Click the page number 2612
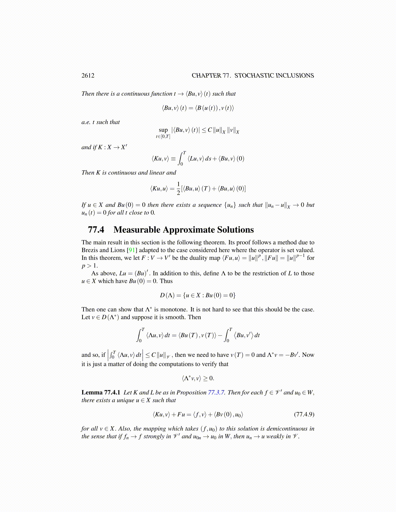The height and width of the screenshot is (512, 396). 88,76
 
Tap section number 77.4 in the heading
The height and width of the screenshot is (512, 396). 96,230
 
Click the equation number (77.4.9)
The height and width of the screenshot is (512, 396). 304,414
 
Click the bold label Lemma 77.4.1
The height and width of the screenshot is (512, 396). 101,392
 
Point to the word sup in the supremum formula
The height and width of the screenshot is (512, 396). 163,130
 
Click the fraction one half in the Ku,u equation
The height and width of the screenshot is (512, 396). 178,188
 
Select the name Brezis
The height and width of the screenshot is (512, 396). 90,250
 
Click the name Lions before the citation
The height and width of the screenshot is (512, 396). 118,250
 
